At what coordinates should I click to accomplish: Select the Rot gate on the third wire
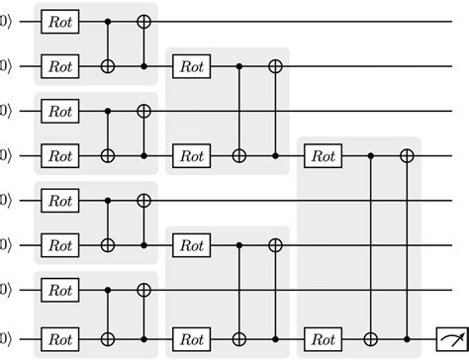[x=61, y=110]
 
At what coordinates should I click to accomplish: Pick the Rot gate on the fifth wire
[x=61, y=200]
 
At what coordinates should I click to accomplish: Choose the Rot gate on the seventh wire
[x=61, y=290]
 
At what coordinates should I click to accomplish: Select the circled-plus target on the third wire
[x=144, y=110]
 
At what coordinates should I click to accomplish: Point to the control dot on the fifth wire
[x=108, y=200]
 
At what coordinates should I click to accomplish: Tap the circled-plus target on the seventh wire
[x=144, y=290]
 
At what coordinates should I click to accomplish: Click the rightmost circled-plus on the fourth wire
[x=407, y=155]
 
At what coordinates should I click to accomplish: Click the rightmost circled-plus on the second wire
[x=276, y=65]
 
